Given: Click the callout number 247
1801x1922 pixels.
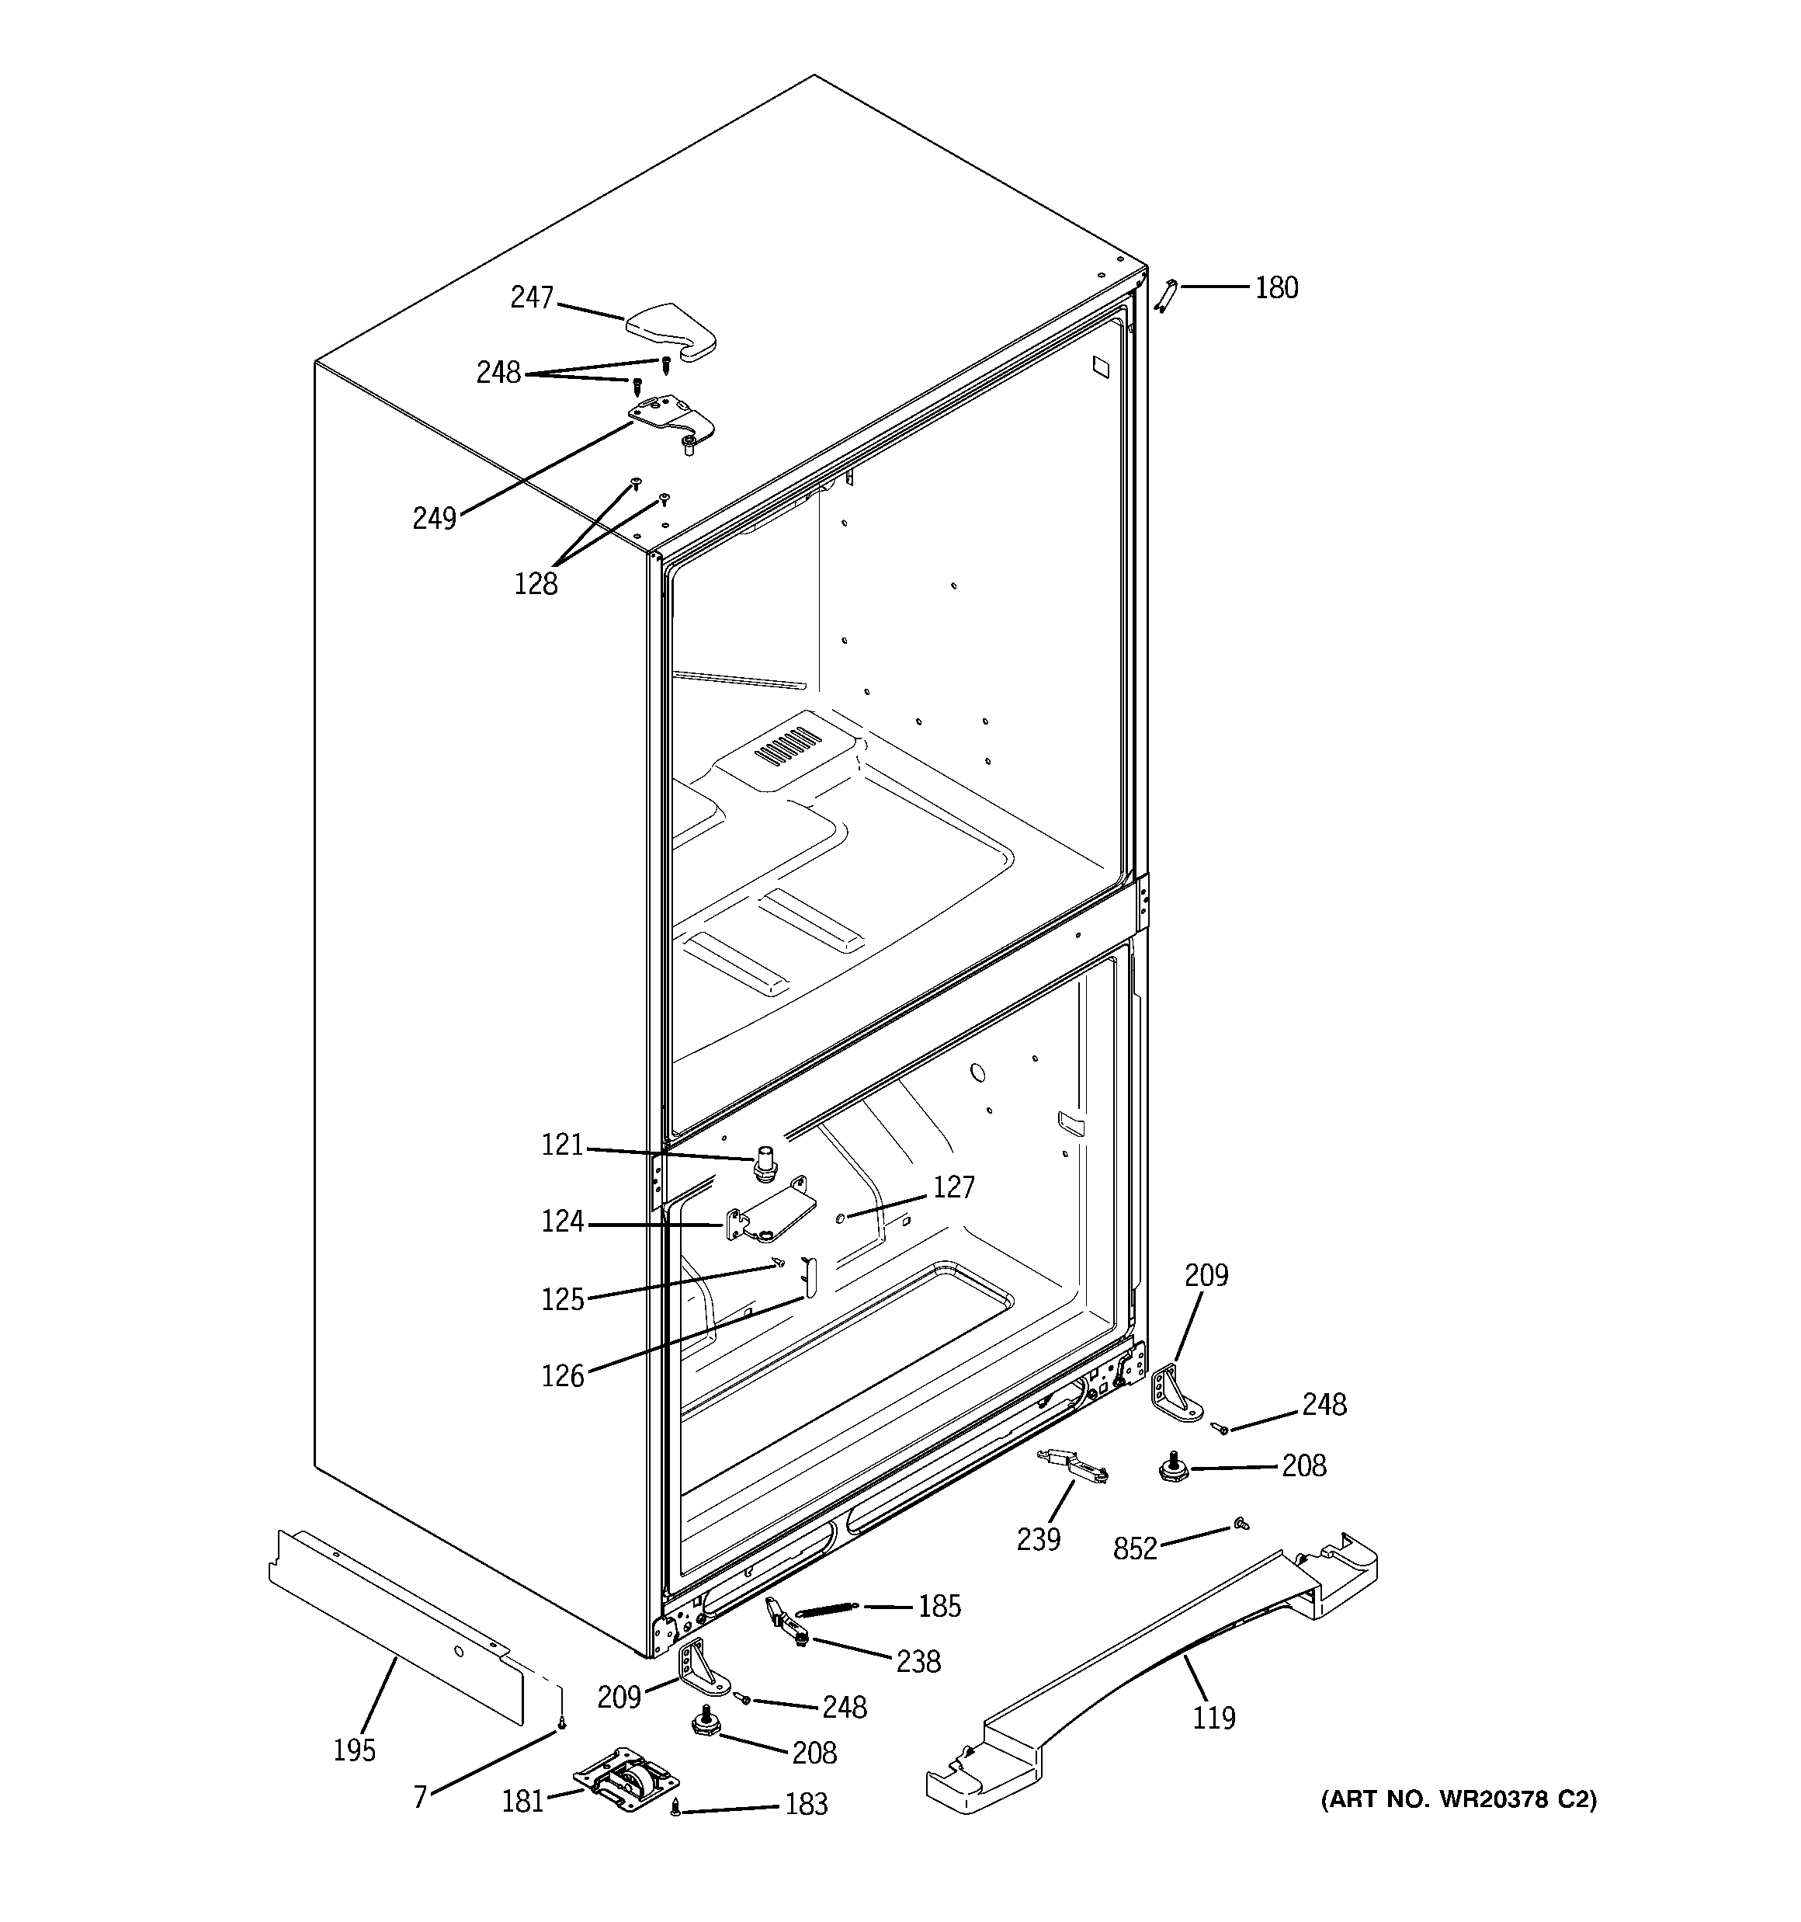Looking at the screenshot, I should (531, 297).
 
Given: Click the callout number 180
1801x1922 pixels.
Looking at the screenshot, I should (1276, 288).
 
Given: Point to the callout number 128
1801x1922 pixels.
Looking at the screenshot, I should (536, 584).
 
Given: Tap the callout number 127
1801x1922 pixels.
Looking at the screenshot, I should (953, 1188).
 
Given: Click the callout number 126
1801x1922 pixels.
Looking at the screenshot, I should (563, 1376).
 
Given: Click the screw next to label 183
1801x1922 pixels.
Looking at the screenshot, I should (675, 1806).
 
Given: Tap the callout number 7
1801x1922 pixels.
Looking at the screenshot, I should (419, 1797).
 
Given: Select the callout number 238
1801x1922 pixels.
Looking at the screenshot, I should (918, 1662).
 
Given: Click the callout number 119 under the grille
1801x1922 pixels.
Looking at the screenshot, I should (1213, 1718).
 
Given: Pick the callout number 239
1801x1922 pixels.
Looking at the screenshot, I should (1038, 1539).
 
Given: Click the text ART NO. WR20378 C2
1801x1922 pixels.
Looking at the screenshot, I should (1458, 1799).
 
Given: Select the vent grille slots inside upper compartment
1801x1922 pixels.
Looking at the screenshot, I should (787, 747).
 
